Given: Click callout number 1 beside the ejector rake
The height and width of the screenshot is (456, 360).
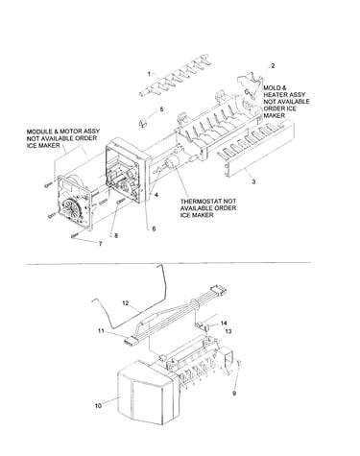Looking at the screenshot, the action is [x=149, y=74].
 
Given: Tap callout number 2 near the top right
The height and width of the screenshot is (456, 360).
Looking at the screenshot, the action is [x=273, y=65].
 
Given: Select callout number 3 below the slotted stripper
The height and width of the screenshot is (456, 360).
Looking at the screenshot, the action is [x=253, y=181].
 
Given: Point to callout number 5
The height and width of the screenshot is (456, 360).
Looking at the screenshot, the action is [x=161, y=109].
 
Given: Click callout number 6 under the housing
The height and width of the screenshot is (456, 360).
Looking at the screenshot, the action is [x=154, y=228].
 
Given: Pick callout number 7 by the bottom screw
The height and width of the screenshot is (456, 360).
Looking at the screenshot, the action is [x=101, y=244].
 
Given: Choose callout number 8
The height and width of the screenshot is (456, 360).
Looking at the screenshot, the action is [x=116, y=235].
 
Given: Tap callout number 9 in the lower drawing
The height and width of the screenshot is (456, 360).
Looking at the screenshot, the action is [x=234, y=394].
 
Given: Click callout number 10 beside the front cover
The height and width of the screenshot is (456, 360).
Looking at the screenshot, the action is [x=98, y=405].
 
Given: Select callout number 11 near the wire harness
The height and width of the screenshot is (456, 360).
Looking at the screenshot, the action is [x=101, y=331].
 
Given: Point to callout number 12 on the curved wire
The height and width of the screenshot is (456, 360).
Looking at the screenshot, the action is [x=126, y=302].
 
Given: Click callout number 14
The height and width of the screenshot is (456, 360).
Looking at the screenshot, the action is [x=224, y=323].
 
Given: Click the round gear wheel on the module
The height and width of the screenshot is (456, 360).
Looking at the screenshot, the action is [x=72, y=209].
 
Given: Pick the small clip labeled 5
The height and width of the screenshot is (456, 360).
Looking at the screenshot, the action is [x=143, y=122].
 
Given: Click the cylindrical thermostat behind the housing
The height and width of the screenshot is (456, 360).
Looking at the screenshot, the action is [x=173, y=163].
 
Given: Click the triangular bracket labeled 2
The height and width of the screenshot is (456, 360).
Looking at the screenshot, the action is [x=251, y=85].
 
